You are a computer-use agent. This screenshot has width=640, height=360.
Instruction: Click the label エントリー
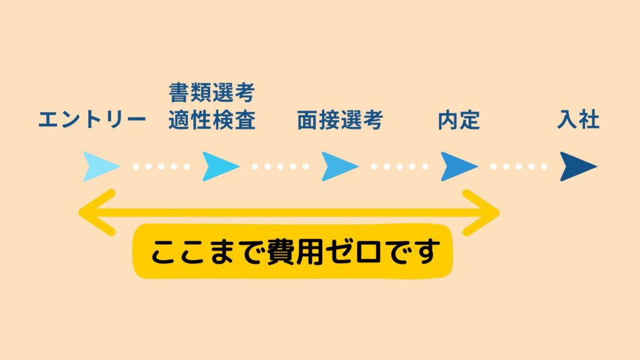pyautogui.click(x=92, y=120)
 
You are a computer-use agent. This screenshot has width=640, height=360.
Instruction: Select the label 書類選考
pyautogui.click(x=212, y=92)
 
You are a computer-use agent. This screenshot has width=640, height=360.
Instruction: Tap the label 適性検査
pyautogui.click(x=212, y=120)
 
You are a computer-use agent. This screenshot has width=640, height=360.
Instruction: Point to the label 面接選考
pyautogui.click(x=339, y=120)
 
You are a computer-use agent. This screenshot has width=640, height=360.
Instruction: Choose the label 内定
pyautogui.click(x=459, y=120)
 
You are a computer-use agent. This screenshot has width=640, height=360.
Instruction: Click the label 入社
pyautogui.click(x=578, y=120)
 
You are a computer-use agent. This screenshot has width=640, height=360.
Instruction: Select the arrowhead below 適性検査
pyautogui.click(x=221, y=166)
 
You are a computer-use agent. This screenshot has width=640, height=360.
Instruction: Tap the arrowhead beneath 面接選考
pyautogui.click(x=340, y=166)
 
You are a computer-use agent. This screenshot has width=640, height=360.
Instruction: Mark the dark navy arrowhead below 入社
pyautogui.click(x=578, y=166)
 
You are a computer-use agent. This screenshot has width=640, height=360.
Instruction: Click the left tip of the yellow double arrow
pyautogui.click(x=79, y=212)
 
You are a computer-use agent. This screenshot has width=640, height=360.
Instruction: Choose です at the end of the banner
pyautogui.click(x=412, y=251)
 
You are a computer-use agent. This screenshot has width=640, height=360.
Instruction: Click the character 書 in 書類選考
pyautogui.click(x=179, y=92)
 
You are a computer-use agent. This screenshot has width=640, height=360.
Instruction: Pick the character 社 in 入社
pyautogui.click(x=589, y=120)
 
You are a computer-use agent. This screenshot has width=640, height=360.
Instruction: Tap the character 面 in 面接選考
pyautogui.click(x=307, y=120)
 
